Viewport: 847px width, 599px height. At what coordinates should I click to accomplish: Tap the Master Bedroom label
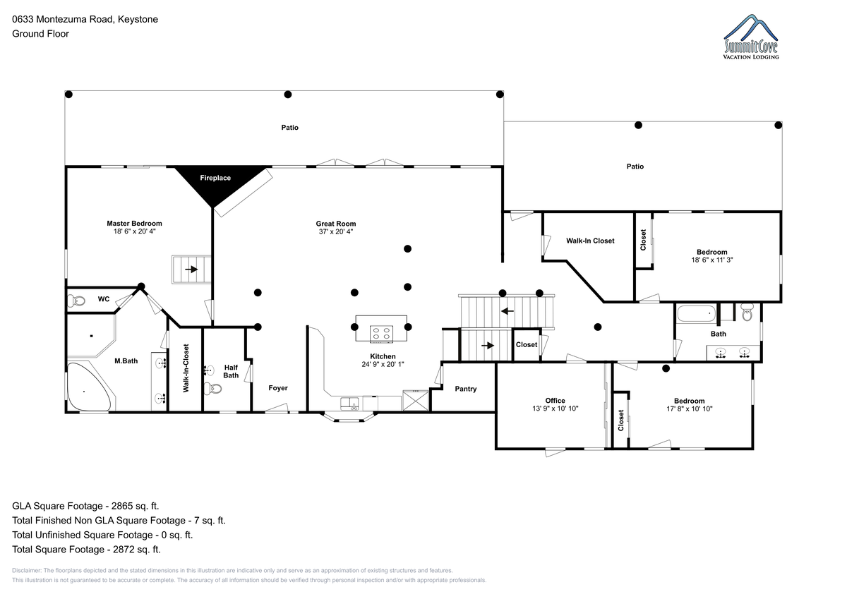tap(134, 224)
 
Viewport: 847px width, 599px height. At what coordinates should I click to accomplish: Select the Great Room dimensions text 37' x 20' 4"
tap(335, 231)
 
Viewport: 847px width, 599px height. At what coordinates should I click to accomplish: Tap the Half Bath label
tap(231, 371)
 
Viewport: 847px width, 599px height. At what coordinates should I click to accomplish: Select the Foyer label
tap(278, 388)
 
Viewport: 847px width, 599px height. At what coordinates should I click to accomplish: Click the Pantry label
tap(465, 389)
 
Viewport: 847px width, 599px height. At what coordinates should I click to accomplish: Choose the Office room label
tap(555, 401)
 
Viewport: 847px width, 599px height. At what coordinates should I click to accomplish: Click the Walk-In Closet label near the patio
tap(590, 241)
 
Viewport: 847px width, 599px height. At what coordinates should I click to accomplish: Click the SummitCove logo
tap(751, 40)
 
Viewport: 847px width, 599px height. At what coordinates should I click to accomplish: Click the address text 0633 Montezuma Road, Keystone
tap(85, 19)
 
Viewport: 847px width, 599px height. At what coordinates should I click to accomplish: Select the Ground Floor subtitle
tap(40, 33)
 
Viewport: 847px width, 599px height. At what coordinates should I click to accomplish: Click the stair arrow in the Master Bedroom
tap(191, 269)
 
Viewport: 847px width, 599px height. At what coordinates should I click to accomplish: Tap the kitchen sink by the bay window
tap(349, 404)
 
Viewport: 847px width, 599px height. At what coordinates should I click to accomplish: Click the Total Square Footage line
tap(86, 549)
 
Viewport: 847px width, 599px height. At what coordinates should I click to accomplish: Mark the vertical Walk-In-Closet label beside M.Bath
tap(186, 368)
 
